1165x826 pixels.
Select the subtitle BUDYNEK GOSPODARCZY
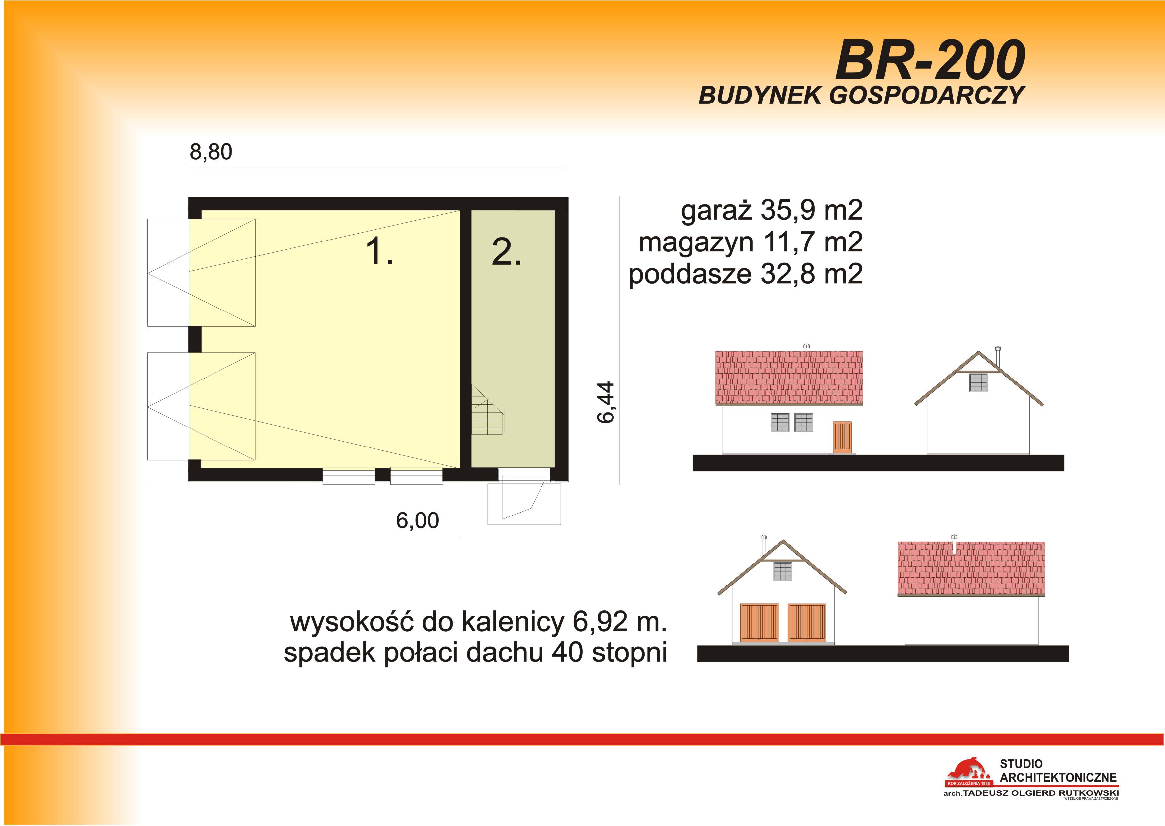861,95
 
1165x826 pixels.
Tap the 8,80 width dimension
211,152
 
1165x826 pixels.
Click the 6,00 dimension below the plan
417,521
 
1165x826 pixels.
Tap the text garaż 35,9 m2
772,211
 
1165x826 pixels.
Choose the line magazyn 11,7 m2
751,242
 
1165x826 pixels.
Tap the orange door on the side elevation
842,437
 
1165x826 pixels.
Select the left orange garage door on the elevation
759,623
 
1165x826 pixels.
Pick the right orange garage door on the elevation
807,623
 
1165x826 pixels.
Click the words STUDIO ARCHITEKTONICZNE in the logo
1058,771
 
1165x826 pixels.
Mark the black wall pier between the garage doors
195,339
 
